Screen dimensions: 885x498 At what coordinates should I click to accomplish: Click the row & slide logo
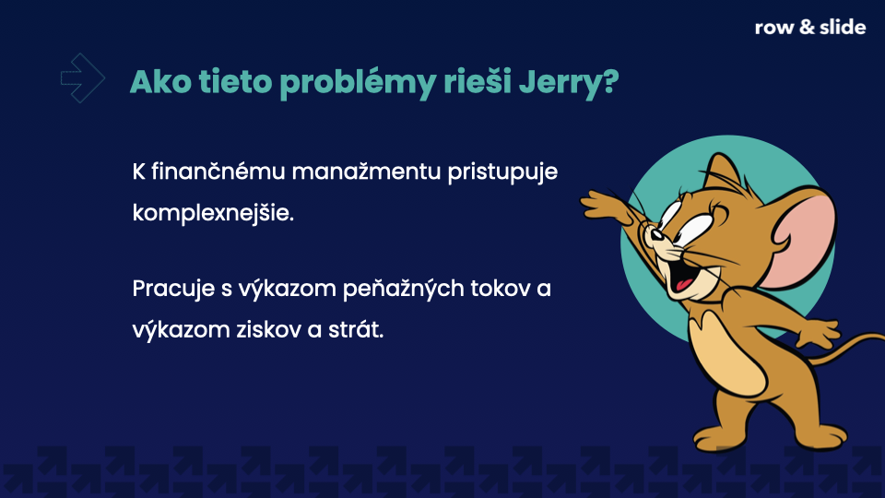point(810,27)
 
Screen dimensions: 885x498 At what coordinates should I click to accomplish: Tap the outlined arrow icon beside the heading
point(83,77)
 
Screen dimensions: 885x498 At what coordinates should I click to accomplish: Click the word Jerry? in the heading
point(569,82)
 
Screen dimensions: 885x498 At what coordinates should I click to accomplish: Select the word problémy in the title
point(358,82)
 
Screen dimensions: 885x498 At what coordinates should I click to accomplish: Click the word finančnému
point(218,172)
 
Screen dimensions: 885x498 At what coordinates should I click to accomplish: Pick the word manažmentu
point(366,172)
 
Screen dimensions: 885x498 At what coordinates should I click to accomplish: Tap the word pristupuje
point(502,172)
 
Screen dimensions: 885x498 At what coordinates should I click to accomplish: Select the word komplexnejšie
point(213,213)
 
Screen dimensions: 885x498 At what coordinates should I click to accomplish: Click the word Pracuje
point(172,289)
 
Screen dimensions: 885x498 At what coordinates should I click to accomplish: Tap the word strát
point(355,330)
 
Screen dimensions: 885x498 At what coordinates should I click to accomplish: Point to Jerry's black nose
point(655,233)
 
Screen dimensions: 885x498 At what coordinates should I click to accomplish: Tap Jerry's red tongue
point(685,283)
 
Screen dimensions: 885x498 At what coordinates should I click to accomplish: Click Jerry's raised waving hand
point(605,206)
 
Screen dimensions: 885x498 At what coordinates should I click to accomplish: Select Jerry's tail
point(845,346)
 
